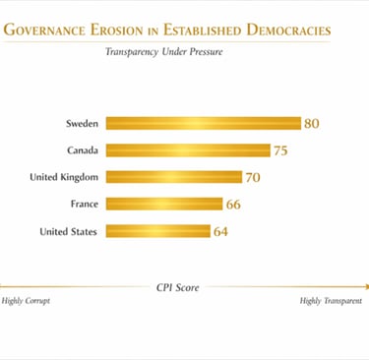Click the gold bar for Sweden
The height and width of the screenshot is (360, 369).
[203, 123]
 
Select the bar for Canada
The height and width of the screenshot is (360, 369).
[187, 150]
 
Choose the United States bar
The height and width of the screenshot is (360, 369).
[157, 231]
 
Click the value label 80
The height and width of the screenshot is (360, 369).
[312, 123]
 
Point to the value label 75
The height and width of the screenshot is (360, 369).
[281, 150]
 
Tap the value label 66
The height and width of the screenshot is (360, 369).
[233, 205]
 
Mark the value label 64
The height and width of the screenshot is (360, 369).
[220, 231]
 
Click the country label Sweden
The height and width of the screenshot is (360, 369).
[81, 123]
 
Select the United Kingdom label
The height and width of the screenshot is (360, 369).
[64, 177]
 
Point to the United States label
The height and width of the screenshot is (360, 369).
[68, 231]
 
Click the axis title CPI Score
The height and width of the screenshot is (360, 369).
[177, 287]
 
